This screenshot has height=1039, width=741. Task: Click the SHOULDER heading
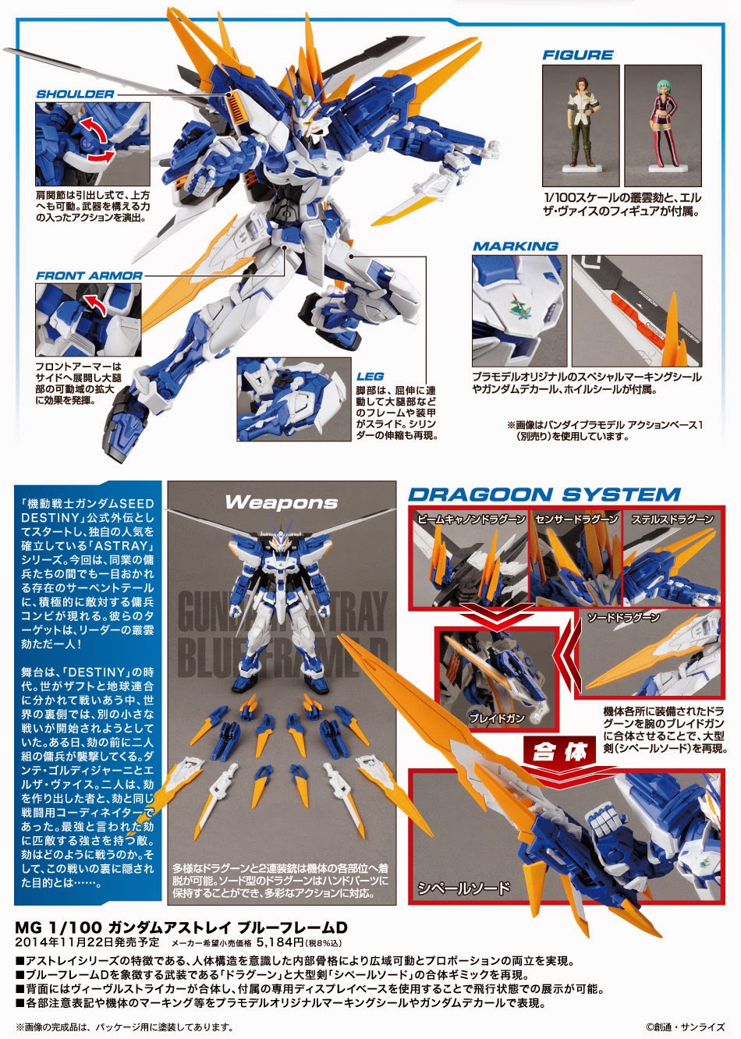point(75,94)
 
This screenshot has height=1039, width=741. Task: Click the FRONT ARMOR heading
point(89,275)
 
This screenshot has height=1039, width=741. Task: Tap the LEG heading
point(370,376)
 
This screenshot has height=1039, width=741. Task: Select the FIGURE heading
point(577,55)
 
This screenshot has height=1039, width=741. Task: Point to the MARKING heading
point(515,246)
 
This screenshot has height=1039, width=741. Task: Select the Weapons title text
point(281,502)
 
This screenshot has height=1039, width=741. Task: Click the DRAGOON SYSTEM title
point(544,494)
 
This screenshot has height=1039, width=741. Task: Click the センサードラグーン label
point(576,519)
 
